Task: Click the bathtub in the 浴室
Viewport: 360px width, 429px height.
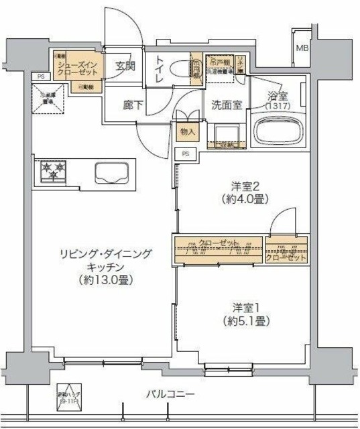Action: click(277, 128)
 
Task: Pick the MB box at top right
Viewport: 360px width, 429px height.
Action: click(303, 48)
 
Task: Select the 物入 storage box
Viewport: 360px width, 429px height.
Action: click(187, 132)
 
